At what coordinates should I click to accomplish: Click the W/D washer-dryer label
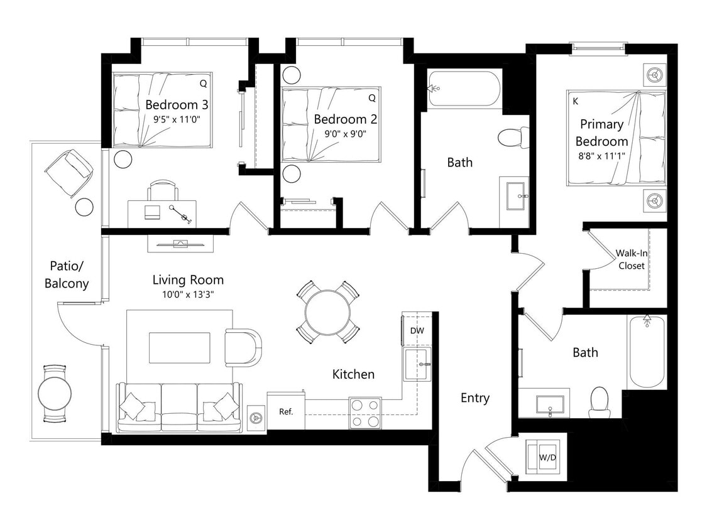(547, 458)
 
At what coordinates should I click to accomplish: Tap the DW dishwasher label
(417, 330)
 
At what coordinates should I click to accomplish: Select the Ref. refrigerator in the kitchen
(286, 412)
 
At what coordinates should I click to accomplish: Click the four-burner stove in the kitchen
(365, 413)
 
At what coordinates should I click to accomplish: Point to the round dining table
(328, 312)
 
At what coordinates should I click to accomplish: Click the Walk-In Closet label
(631, 259)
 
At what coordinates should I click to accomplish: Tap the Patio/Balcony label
(67, 274)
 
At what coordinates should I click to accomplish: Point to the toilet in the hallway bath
(513, 138)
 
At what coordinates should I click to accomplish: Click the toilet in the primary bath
(599, 401)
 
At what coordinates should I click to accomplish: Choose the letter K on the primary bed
(575, 100)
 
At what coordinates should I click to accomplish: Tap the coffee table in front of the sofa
(179, 347)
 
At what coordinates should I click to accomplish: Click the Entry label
(474, 398)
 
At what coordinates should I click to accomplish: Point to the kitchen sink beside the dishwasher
(417, 365)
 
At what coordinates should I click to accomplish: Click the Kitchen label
(353, 374)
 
